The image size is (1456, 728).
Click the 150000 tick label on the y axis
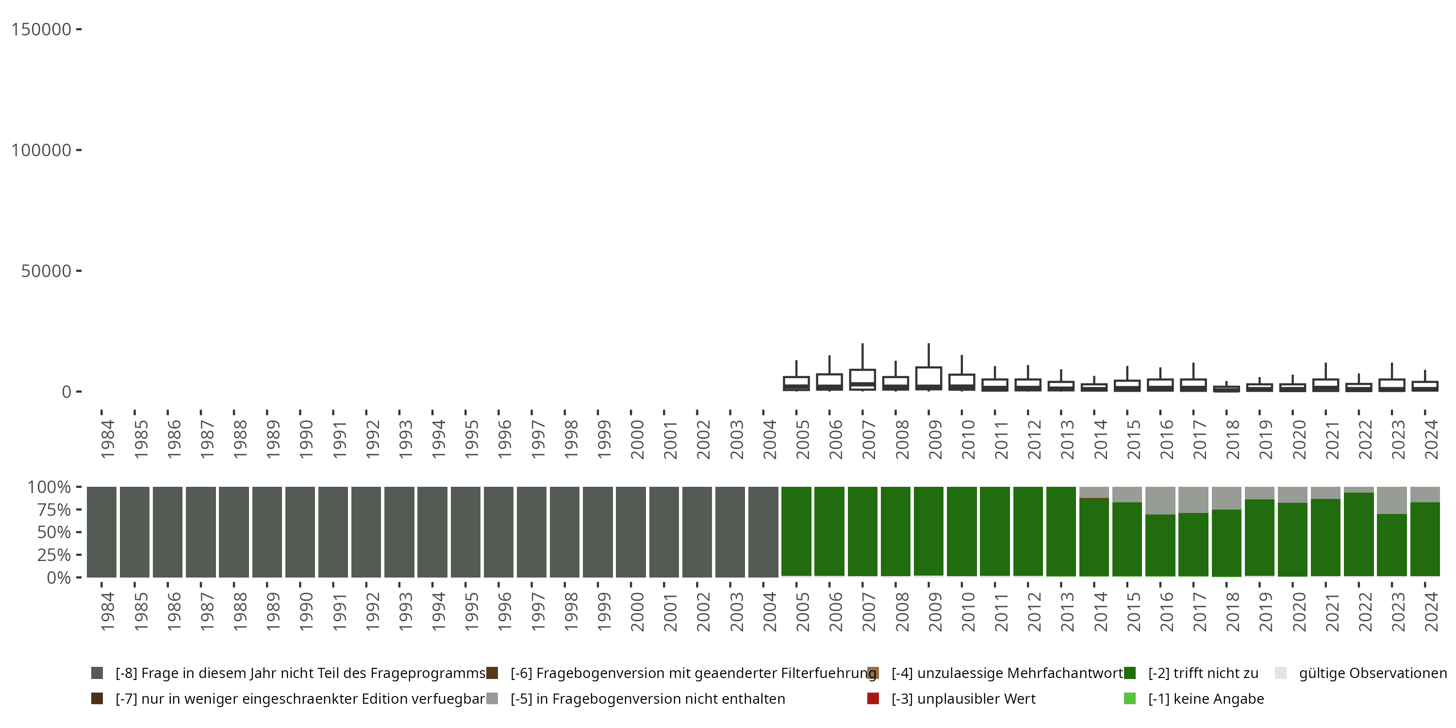(41, 30)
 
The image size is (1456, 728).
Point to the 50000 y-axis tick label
(46, 271)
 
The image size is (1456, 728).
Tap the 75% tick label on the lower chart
(54, 510)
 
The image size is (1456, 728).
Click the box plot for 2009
(928, 367)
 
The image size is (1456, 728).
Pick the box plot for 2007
(862, 367)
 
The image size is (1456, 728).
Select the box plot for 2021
(1325, 377)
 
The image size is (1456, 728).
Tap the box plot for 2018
(1226, 387)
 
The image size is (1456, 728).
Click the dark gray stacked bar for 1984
(102, 532)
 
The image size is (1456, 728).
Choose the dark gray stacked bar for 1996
(498, 532)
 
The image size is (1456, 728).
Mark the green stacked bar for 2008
(895, 531)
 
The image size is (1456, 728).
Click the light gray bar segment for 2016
(1160, 500)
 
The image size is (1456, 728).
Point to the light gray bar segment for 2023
(1391, 500)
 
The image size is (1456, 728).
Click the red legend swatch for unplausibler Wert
(873, 698)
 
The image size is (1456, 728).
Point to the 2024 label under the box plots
(1431, 439)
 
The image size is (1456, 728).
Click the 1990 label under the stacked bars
(306, 612)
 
